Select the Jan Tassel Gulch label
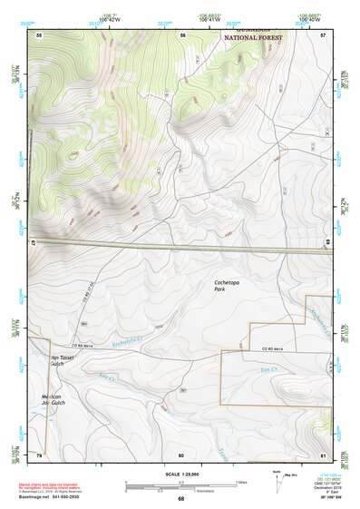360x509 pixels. [x=62, y=361]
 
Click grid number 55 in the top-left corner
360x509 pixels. [x=39, y=34]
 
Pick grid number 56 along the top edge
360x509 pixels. [x=182, y=34]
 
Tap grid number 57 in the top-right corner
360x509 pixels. [x=324, y=34]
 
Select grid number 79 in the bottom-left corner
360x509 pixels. [x=39, y=455]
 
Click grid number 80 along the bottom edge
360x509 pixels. [x=181, y=455]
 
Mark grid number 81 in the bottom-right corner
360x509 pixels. [x=324, y=455]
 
